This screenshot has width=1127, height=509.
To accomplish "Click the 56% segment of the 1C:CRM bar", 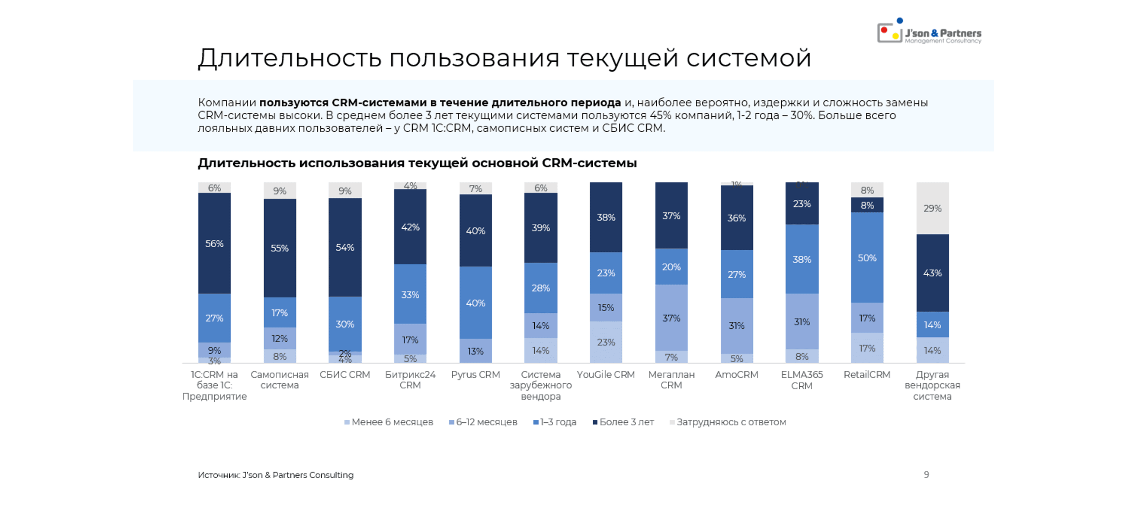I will coord(214,243).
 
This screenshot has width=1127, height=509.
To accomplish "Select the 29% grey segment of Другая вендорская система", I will coord(932,208).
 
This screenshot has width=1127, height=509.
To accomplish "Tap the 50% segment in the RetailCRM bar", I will coord(867,258).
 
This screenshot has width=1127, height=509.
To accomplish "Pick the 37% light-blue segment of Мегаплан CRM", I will coord(671,318).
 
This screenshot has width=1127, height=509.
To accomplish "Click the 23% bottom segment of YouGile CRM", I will coord(606,342).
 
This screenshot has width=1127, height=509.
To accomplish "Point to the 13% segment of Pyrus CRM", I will coord(475,351).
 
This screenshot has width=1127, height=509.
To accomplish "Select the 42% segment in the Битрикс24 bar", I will coord(410,226).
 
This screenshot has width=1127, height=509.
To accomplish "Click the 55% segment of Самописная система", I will coord(279,248).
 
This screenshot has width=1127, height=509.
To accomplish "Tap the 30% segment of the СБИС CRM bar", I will coord(345,324).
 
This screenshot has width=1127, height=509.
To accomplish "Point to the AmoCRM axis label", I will coord(736,375).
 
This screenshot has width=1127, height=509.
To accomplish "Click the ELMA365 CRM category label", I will coord(801,380).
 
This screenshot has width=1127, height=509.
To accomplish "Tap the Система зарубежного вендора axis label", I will coord(540,385).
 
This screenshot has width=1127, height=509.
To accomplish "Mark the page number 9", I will coord(926,474).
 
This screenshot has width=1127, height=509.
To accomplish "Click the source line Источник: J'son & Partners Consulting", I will coord(276,475).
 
